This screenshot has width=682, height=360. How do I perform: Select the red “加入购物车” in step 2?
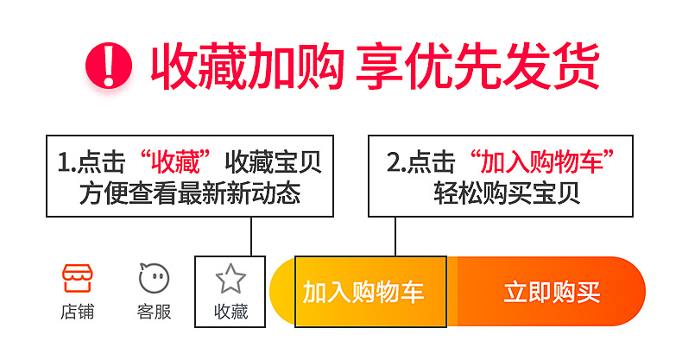pos(542,162)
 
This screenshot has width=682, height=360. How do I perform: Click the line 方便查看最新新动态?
pos(190,193)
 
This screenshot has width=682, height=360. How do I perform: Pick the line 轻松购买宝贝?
pos(506,193)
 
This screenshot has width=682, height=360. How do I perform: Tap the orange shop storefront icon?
pos(78,278)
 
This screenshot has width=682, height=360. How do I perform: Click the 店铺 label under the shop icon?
pos(78,312)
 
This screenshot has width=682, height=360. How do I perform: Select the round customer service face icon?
pos(154,278)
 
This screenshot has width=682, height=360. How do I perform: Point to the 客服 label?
pos(154,312)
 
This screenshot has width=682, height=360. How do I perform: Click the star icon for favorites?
pos(230,279)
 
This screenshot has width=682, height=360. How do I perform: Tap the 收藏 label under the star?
pos(230,312)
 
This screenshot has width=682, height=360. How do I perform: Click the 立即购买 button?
pos(551,292)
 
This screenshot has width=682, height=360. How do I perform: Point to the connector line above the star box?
pos(250,236)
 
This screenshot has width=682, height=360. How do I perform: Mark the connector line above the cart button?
pos(395,236)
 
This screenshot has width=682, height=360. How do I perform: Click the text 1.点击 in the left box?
pos(91,162)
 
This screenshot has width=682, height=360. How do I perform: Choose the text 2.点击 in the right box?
pos(420,162)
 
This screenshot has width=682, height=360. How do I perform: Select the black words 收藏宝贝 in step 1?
pos(273,162)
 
